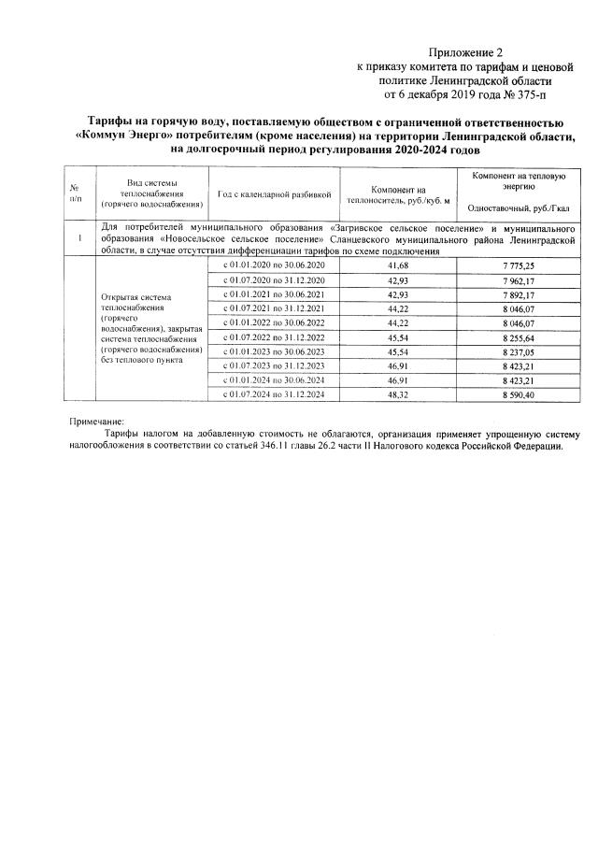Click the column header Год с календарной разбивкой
(x=274, y=194)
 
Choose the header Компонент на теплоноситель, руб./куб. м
(x=397, y=194)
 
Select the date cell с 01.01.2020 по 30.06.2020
(x=274, y=267)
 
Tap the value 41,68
(x=397, y=267)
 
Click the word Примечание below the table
(x=96, y=422)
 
